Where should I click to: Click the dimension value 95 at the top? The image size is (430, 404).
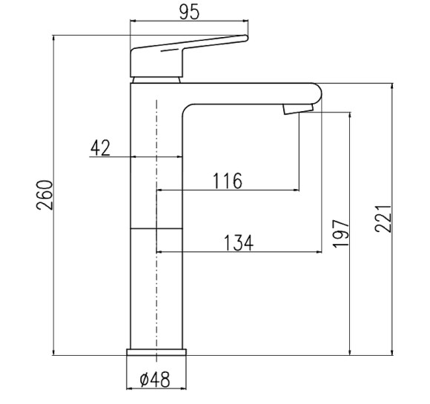coord(188,13)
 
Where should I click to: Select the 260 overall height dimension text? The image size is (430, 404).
coord(45,195)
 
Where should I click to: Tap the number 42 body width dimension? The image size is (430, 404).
coord(100,148)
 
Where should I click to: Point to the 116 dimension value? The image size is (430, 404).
coord(227,180)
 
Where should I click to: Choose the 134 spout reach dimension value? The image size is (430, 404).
coord(237,242)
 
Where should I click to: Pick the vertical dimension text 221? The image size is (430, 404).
coord(382,219)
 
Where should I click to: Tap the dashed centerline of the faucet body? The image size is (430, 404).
coord(157,297)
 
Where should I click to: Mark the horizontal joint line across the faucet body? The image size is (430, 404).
coord(157,229)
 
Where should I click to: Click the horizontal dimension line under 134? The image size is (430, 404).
coord(237,253)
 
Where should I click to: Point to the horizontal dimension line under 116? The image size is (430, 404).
coord(227,191)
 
